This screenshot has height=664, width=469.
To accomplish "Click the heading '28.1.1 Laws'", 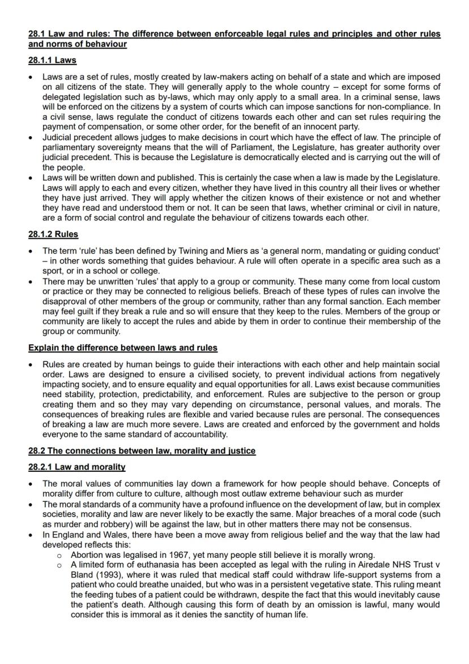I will [52, 60].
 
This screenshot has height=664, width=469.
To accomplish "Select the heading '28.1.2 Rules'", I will [53, 234].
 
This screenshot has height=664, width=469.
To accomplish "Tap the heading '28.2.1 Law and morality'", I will [76, 467].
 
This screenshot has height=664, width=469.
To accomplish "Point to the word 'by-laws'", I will [160, 96].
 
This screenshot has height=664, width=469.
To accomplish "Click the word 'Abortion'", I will [87, 555].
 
